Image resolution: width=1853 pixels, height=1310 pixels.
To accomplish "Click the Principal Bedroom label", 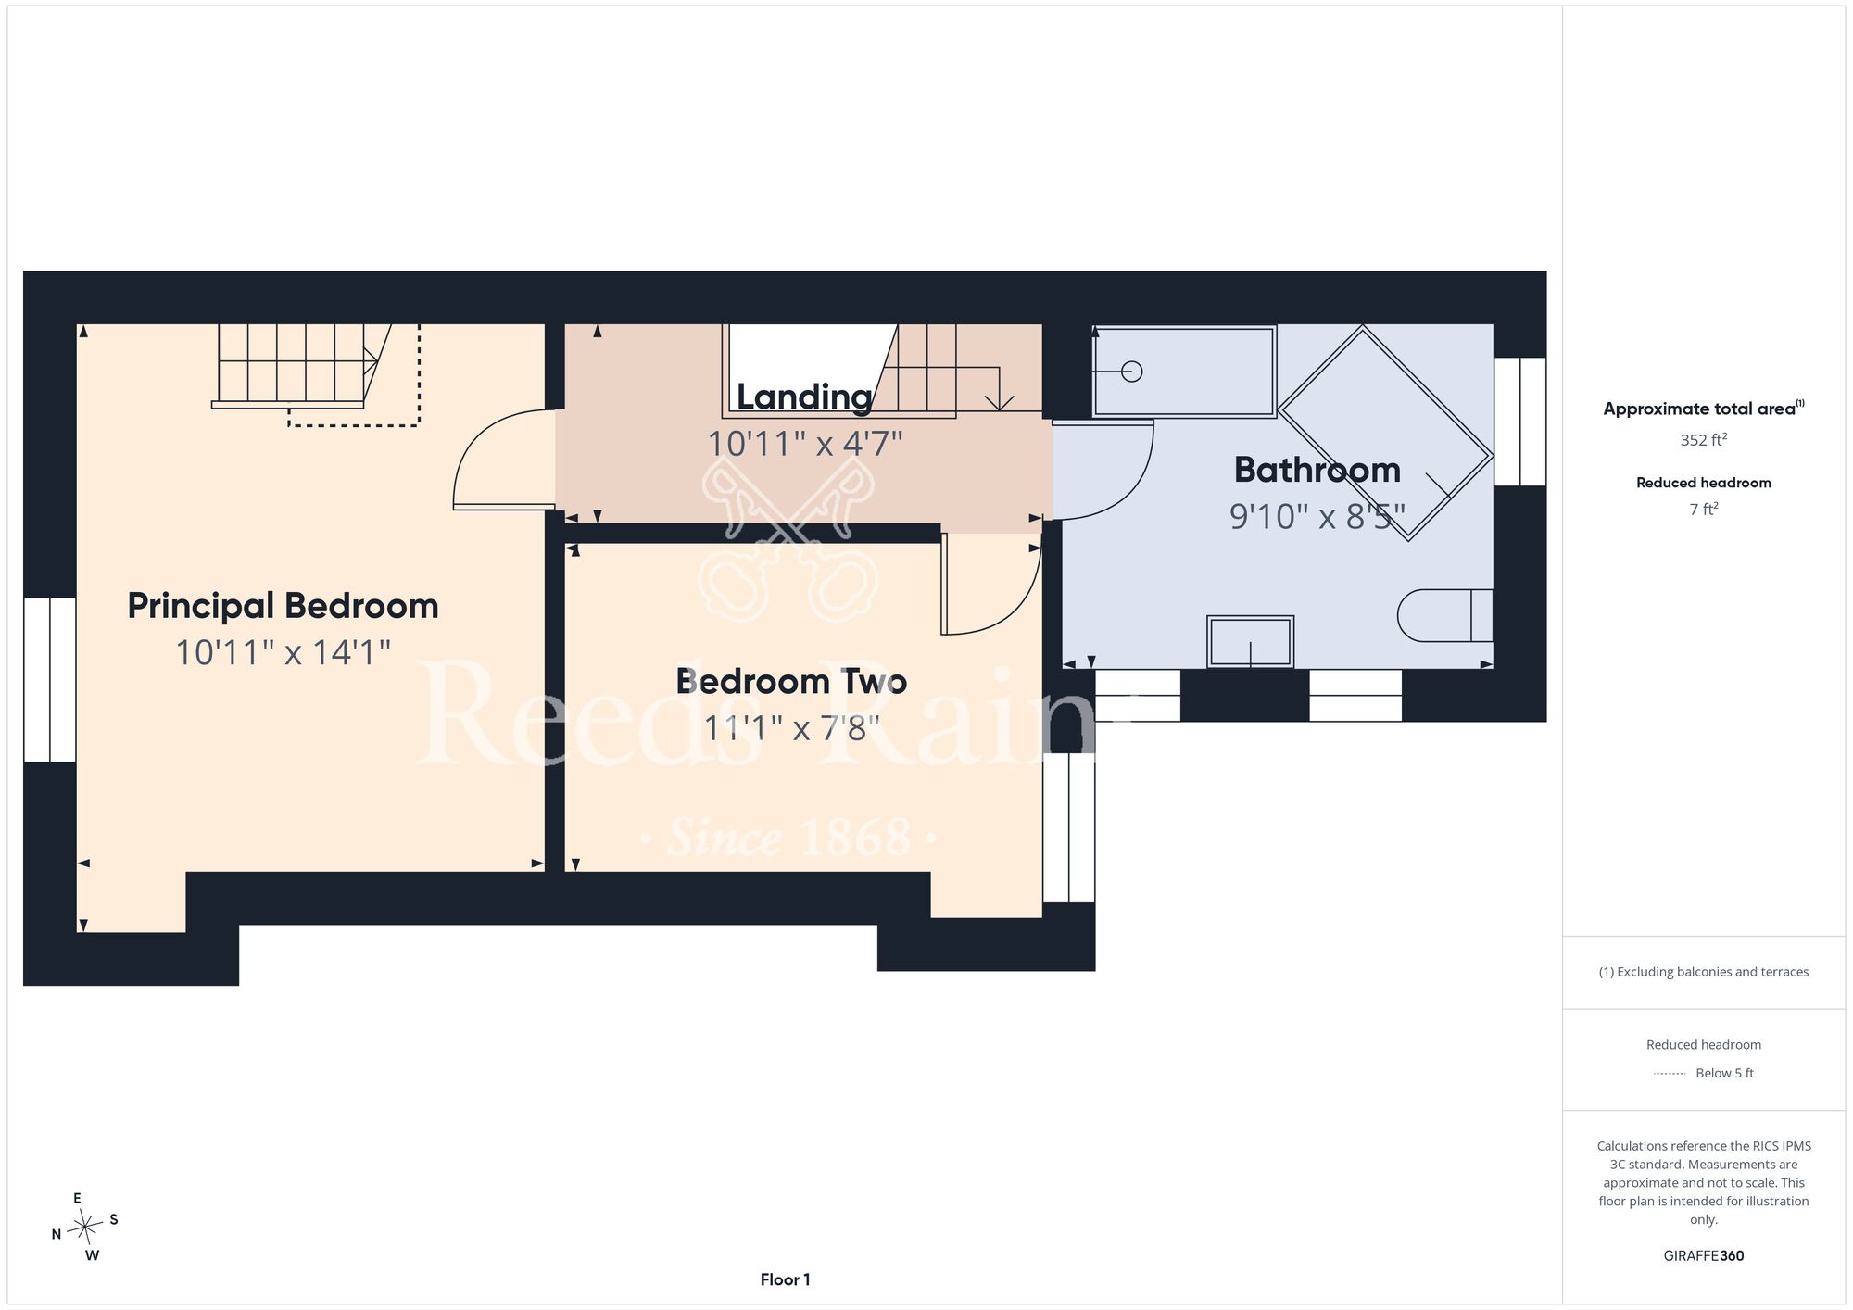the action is [x=283, y=606].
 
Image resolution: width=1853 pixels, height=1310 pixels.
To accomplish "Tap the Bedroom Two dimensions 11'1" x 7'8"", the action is [x=791, y=728].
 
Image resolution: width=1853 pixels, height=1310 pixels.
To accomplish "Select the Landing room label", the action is [x=804, y=397].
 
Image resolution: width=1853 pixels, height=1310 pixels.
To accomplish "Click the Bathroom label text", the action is [x=1317, y=470].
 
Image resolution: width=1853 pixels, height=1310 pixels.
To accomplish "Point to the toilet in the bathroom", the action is [x=1444, y=615].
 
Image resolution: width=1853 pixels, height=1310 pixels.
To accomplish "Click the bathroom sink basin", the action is [x=1250, y=641].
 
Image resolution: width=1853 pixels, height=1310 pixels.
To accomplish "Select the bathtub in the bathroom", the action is [x=1184, y=372].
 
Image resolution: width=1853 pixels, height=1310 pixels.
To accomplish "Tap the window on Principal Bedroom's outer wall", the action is [x=50, y=680].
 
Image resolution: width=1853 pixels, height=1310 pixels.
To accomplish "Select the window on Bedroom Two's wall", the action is [x=1069, y=827].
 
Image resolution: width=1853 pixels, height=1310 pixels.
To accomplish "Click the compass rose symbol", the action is [x=85, y=1228].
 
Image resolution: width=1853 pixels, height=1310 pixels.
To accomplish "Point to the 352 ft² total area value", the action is [x=1703, y=440].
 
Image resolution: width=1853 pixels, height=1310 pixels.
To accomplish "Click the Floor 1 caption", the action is [x=785, y=1279].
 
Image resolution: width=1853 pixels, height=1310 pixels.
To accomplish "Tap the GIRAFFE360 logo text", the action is [x=1703, y=1256].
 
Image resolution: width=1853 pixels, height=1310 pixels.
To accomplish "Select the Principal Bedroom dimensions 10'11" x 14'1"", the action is [x=283, y=653].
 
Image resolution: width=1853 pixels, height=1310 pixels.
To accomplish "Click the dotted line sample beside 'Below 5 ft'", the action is [x=1670, y=1074].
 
